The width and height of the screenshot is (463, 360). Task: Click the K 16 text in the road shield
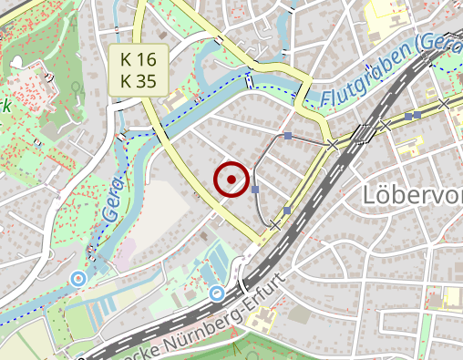pyautogui.click(x=139, y=59)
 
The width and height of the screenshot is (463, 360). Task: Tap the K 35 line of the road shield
pyautogui.click(x=139, y=80)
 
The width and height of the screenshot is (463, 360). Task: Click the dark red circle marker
pyautogui.click(x=231, y=180)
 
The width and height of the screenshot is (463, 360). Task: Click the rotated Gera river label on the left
pyautogui.click(x=112, y=201)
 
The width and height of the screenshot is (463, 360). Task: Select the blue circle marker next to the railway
pyautogui.click(x=217, y=293)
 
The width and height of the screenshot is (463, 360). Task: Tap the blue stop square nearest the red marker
pyautogui.click(x=255, y=190)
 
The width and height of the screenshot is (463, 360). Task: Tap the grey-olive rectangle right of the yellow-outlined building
pyautogui.click(x=299, y=314)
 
